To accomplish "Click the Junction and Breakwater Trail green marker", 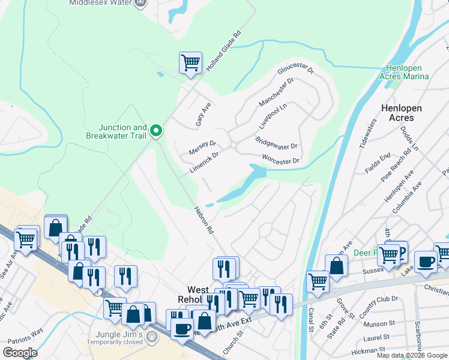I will (x=156, y=130).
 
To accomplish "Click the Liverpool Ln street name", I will (x=273, y=115).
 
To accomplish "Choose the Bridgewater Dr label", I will (x=276, y=143).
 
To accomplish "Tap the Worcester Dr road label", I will (x=280, y=160).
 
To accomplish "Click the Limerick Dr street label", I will (x=204, y=162).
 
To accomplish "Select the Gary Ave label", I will (x=203, y=113).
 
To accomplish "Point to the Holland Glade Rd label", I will (x=223, y=52).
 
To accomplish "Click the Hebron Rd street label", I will (x=204, y=220).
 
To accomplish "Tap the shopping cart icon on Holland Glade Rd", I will (x=190, y=62).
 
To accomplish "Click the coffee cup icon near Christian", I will (x=426, y=262).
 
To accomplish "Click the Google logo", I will (x=20, y=353).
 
